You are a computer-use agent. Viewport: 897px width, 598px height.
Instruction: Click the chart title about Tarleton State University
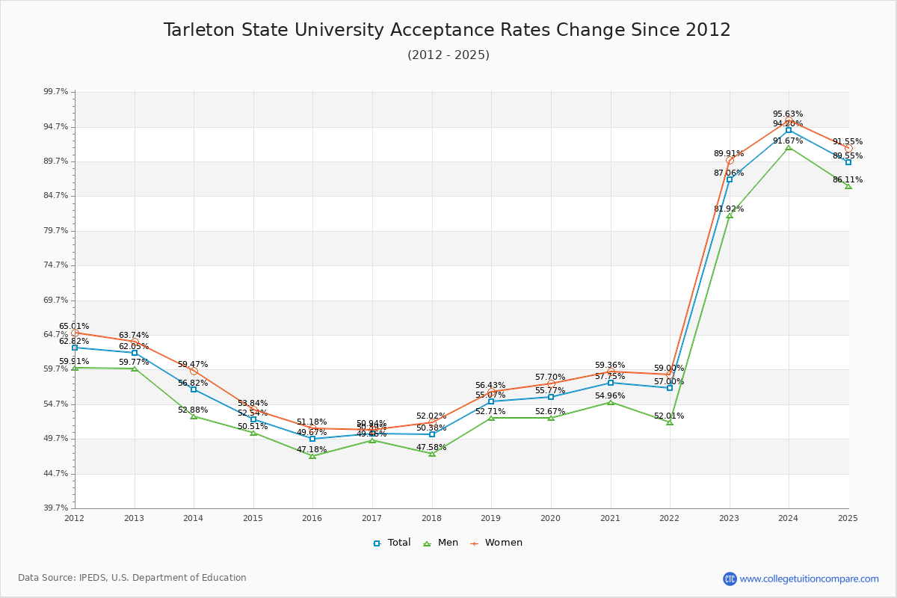447,30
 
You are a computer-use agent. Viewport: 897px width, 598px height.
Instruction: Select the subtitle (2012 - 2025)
449,55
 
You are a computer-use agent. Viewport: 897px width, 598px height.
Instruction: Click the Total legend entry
392,543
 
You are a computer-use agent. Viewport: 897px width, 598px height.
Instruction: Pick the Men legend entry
441,543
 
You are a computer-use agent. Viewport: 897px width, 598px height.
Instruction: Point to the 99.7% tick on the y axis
56,92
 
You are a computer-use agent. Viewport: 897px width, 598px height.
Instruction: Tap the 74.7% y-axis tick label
56,265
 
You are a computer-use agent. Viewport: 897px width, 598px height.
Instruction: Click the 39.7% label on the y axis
56,508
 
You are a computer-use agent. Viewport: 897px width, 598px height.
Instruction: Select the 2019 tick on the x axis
491,518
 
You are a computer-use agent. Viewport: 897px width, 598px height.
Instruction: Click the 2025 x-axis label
848,518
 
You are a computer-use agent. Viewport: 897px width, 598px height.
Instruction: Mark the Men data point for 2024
789,147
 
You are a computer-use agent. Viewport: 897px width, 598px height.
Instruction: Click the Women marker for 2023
730,160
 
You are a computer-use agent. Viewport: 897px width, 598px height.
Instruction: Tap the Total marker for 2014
194,389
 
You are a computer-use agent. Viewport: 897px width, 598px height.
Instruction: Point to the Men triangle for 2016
312,456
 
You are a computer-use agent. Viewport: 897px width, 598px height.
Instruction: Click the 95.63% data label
788,114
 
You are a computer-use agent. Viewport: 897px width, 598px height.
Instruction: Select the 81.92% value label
729,209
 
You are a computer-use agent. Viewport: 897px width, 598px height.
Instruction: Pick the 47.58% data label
431,448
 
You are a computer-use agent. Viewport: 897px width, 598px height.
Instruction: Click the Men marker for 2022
670,422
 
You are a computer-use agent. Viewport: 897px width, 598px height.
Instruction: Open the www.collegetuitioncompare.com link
809,579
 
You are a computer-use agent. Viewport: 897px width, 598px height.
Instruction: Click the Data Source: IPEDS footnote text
132,578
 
